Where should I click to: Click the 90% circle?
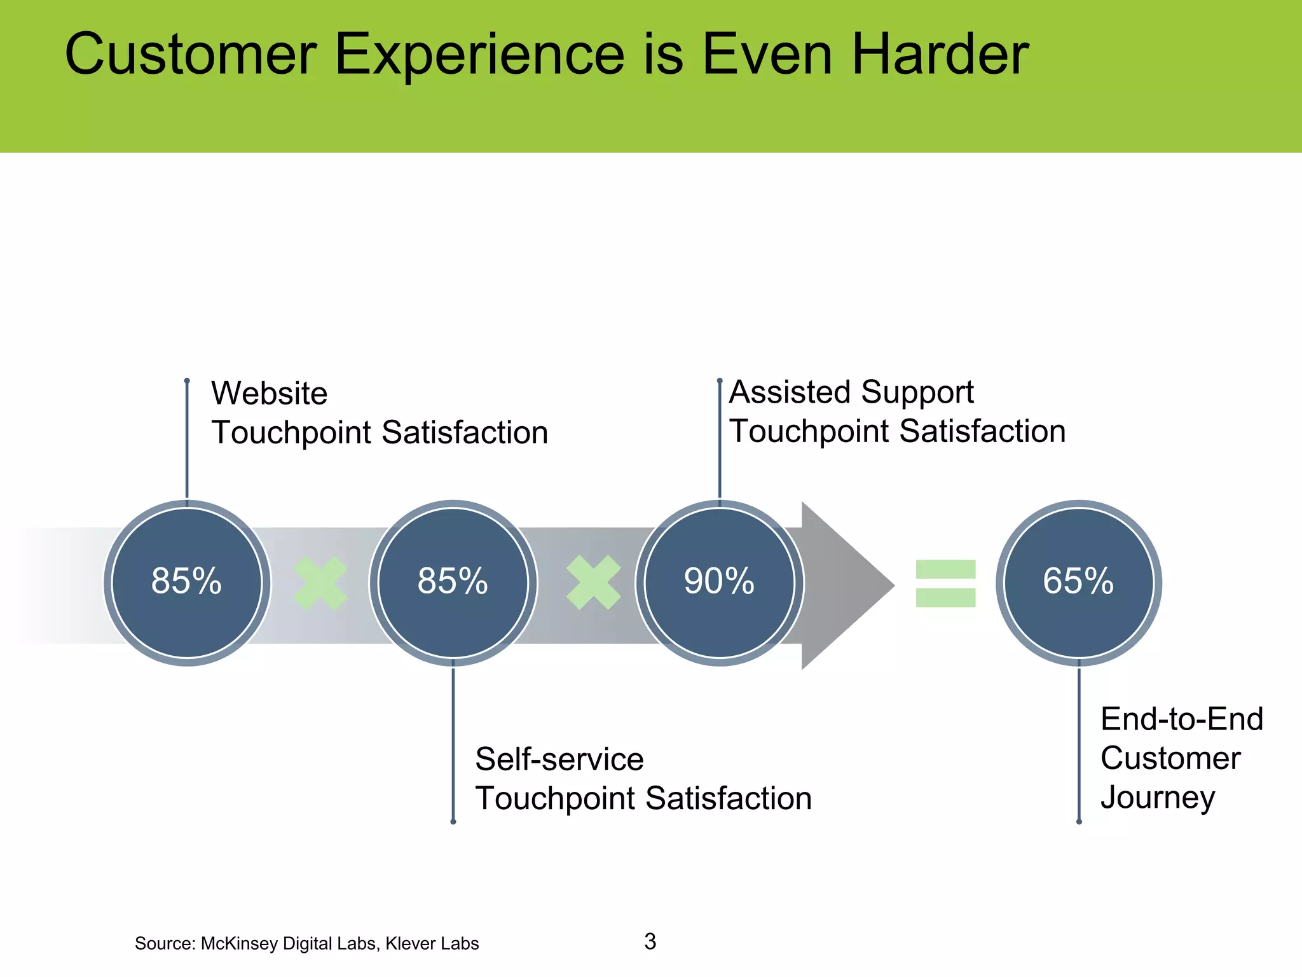(719, 583)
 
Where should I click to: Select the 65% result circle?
(1078, 583)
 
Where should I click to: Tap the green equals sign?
(945, 583)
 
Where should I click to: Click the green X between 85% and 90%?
(593, 583)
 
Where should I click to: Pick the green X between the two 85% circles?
(320, 583)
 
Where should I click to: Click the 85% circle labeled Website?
(187, 583)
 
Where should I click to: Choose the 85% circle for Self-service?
(453, 583)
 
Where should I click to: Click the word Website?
(269, 393)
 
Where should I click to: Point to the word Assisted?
(789, 392)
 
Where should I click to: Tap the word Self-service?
(559, 759)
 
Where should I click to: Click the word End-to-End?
(1181, 719)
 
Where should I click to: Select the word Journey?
(1157, 798)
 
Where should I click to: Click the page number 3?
(650, 941)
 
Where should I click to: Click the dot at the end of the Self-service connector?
(453, 822)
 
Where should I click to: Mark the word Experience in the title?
(479, 55)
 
